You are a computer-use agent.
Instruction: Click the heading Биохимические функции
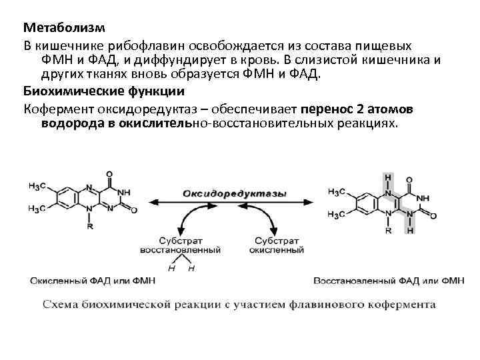[103, 91]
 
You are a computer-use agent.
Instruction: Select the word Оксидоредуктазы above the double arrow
[235, 193]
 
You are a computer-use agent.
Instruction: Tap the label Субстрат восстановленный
[180, 244]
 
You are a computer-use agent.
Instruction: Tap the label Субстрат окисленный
[276, 244]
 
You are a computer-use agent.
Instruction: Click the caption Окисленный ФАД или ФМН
[91, 281]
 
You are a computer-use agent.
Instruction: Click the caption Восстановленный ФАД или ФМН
[389, 281]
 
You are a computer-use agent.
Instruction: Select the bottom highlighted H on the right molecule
[411, 230]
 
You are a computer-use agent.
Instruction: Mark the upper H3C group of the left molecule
[37, 185]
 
